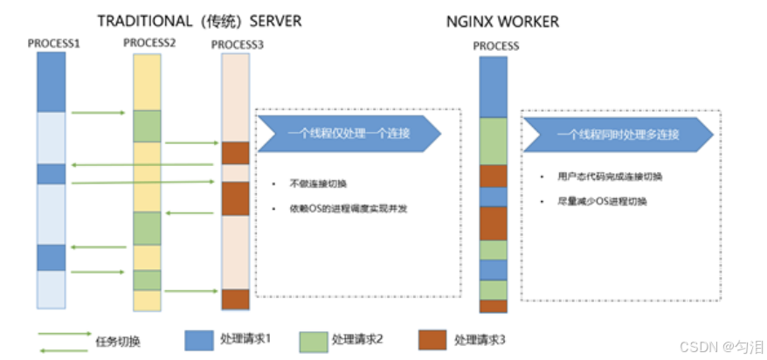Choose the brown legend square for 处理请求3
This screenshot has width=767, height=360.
[x=432, y=338]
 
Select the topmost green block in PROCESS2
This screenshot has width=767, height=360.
[x=147, y=126]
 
